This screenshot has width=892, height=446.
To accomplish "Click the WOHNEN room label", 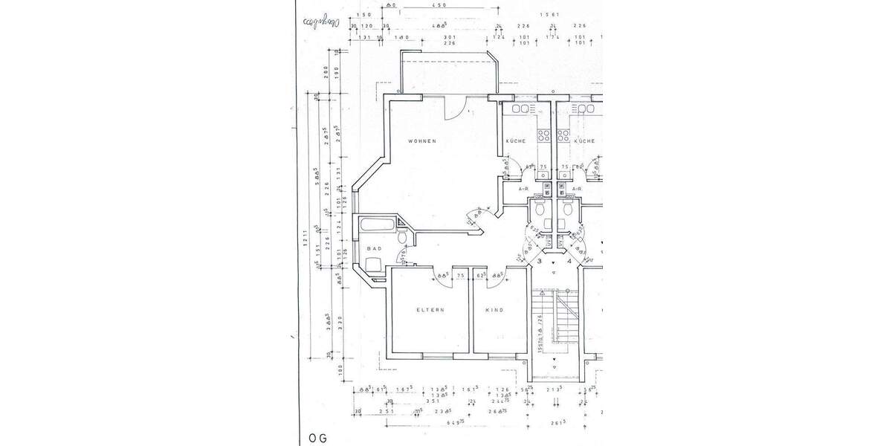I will [x=421, y=141].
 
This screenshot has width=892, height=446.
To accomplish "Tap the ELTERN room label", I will [x=430, y=310].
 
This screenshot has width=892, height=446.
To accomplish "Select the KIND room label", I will [x=494, y=310].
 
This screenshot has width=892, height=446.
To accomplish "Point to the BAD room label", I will [x=374, y=248].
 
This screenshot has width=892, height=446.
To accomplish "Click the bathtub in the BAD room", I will [x=378, y=225].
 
